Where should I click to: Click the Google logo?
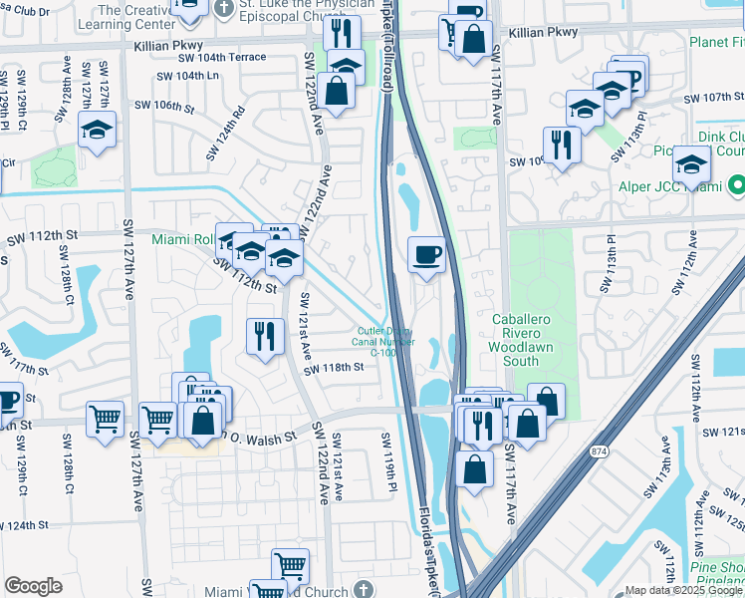coord(33,586)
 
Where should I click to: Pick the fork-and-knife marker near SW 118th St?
coord(263,336)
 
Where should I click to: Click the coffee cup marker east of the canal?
coord(427,256)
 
